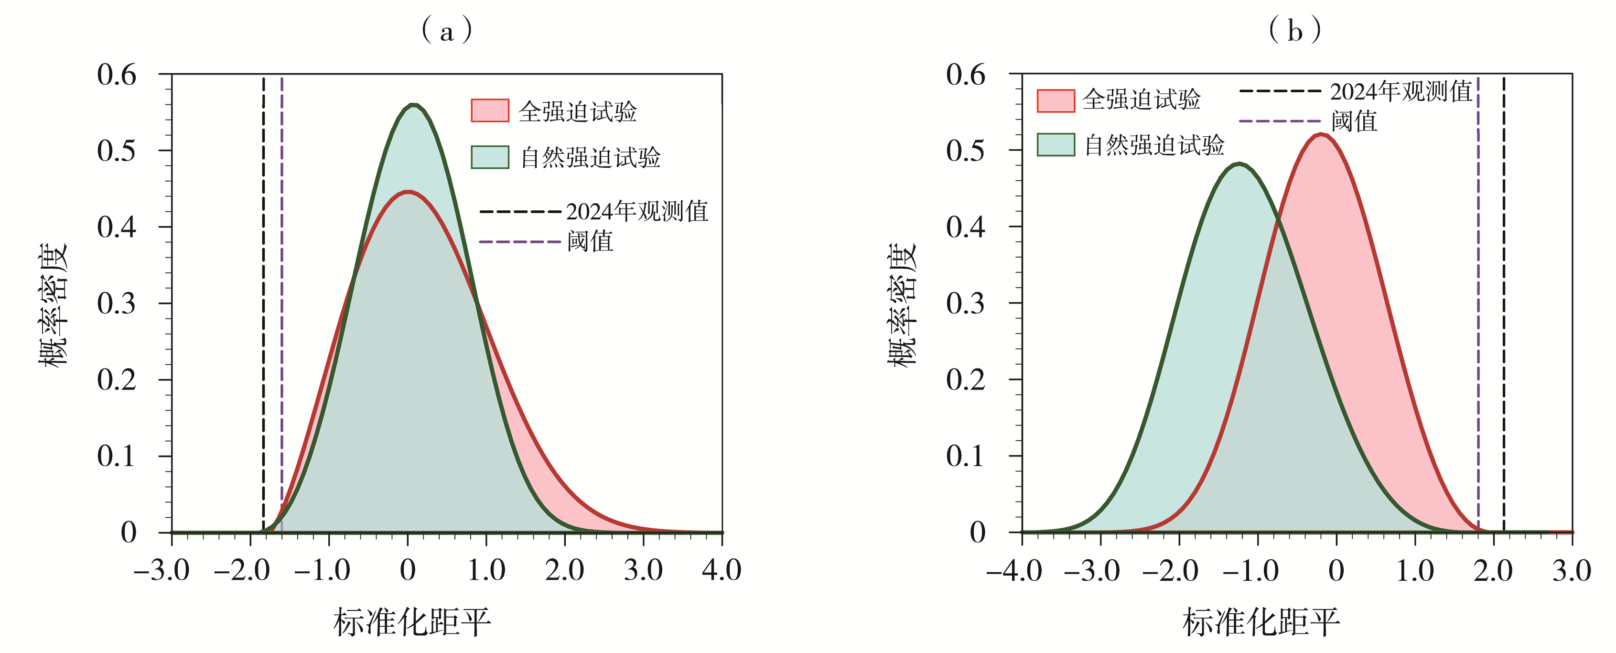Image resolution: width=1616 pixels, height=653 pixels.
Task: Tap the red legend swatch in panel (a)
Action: point(489,110)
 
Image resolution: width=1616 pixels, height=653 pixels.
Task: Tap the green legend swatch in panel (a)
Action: point(489,157)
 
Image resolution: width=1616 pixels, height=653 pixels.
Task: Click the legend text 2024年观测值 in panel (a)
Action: point(637,212)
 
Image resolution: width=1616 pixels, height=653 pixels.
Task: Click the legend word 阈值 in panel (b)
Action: point(1354,121)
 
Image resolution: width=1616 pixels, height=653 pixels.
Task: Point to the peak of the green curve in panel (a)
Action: point(413,105)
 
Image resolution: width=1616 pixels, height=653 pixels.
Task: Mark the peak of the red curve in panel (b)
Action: point(1321,134)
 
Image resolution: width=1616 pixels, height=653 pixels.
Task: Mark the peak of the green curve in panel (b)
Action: point(1239,164)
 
